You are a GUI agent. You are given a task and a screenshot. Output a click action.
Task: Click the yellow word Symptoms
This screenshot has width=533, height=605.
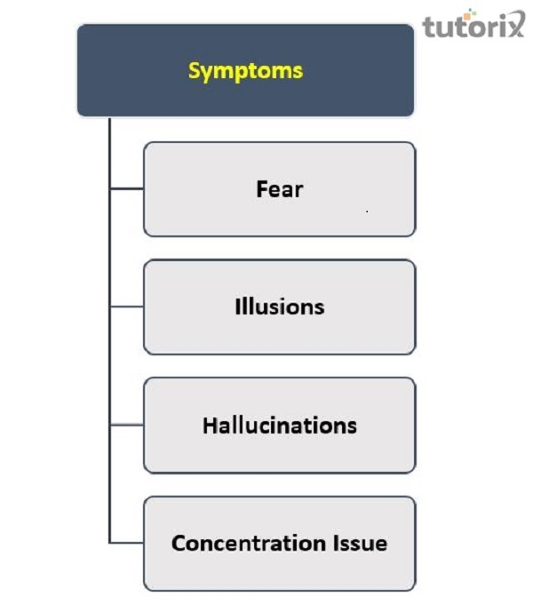pyautogui.click(x=245, y=71)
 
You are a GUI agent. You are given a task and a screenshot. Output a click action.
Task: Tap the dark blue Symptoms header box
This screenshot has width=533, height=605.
pyautogui.click(x=245, y=70)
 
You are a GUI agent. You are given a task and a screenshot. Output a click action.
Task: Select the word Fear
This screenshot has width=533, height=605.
pyautogui.click(x=280, y=189)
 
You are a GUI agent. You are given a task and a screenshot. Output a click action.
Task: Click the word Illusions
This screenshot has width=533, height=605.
pyautogui.click(x=280, y=306)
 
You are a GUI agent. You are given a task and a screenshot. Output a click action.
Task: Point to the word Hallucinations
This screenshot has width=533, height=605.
pyautogui.click(x=280, y=426)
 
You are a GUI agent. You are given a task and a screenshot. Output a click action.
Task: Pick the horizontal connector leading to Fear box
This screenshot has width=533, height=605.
pyautogui.click(x=127, y=188)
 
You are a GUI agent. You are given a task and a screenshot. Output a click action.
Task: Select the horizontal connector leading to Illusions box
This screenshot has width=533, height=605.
pyautogui.click(x=127, y=306)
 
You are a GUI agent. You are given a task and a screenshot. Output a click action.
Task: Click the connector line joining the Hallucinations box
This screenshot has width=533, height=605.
pyautogui.click(x=127, y=425)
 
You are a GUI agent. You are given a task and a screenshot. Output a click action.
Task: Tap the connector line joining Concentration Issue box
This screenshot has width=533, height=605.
pyautogui.click(x=127, y=543)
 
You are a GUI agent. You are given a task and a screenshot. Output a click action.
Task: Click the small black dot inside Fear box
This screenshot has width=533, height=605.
pyautogui.click(x=367, y=211)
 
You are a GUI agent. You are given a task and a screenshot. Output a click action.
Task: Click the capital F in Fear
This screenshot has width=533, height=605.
pyautogui.click(x=262, y=189)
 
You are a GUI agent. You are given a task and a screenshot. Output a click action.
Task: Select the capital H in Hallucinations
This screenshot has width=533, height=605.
pyautogui.click(x=210, y=426)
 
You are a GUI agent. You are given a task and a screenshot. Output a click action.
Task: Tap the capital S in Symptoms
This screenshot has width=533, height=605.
pyautogui.click(x=195, y=70)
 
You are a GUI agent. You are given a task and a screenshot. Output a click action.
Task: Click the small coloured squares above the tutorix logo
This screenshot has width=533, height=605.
pyautogui.click(x=468, y=14)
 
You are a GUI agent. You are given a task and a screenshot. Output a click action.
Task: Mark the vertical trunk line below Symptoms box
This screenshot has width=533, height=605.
pyautogui.click(x=109, y=330)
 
